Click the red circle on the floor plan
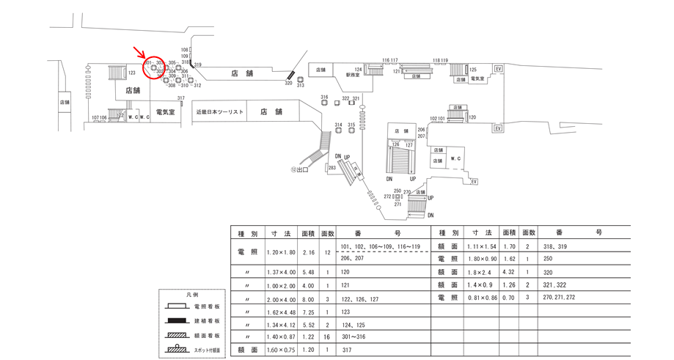click(x=154, y=67)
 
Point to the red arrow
click(x=139, y=51)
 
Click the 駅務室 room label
click(x=354, y=74)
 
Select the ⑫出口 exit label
click(x=300, y=169)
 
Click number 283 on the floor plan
click(x=332, y=168)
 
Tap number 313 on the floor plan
click(x=300, y=85)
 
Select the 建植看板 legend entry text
click(x=208, y=320)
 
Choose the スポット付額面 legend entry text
click(x=210, y=350)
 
